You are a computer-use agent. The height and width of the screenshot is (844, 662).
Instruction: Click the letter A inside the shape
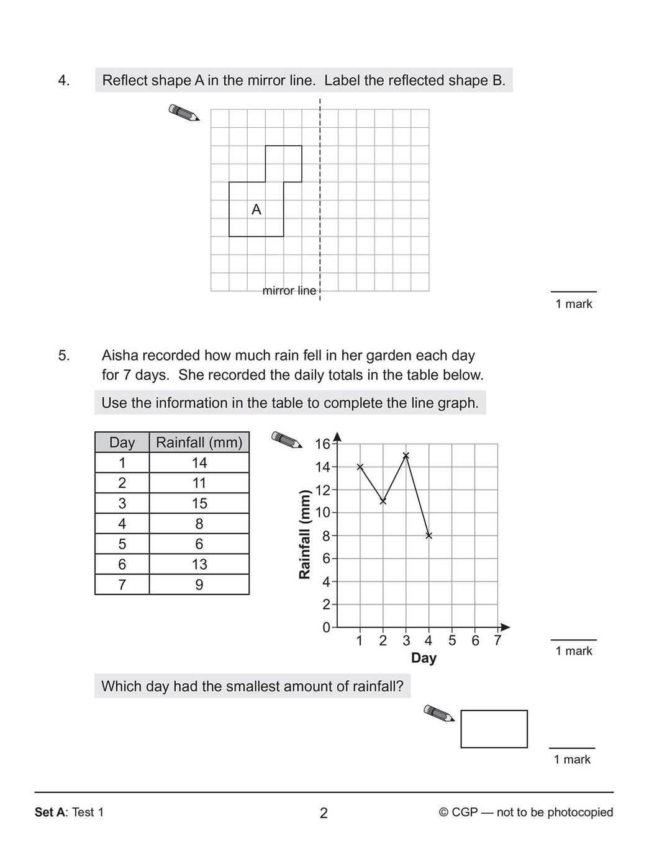256,210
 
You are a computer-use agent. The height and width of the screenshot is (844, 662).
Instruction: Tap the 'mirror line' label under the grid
289,290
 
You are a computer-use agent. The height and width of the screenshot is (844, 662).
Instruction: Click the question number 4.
64,81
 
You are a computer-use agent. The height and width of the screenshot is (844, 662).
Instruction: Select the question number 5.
64,356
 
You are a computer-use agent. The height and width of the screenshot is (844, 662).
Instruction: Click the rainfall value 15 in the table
199,503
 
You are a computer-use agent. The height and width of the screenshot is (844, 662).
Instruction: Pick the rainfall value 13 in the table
199,564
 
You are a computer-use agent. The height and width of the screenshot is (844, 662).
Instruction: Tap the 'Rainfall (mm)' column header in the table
199,442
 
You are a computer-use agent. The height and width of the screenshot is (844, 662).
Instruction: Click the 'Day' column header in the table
122,442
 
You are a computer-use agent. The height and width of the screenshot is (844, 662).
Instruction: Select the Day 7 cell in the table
122,585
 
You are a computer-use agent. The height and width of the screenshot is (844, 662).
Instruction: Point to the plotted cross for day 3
406,456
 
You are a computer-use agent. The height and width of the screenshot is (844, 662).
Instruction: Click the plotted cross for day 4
429,536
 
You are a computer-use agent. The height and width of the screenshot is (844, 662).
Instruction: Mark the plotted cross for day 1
360,467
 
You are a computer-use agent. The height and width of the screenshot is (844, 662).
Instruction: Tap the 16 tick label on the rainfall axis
323,444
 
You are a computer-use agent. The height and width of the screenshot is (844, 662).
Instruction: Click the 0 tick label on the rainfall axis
327,627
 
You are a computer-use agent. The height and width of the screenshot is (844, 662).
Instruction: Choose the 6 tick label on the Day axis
475,640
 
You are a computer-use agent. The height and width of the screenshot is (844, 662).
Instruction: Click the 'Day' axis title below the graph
424,658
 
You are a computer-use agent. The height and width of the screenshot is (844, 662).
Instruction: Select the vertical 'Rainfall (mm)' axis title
304,535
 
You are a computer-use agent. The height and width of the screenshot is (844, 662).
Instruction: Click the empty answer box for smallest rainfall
494,729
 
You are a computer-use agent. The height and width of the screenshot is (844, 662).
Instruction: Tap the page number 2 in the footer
324,813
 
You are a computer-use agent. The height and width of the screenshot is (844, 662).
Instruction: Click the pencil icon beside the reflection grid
184,112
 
